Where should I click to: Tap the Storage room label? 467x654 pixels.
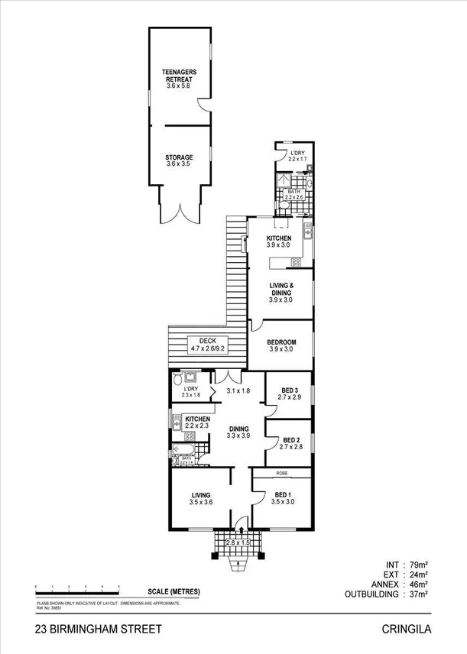(x=179, y=160)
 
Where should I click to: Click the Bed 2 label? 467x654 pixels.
(x=290, y=444)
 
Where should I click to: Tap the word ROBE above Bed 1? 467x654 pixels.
(x=281, y=474)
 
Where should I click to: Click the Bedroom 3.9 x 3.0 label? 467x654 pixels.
(x=281, y=345)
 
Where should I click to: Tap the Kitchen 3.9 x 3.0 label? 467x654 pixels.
(x=279, y=241)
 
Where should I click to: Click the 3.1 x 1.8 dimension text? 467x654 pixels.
(x=238, y=391)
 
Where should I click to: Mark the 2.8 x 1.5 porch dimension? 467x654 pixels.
(x=239, y=542)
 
